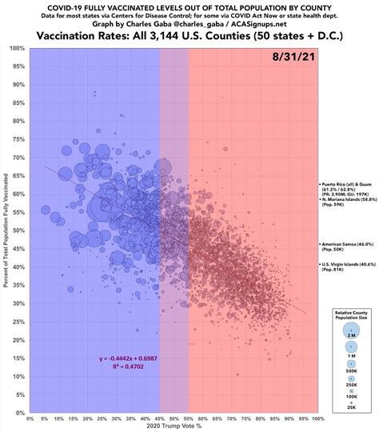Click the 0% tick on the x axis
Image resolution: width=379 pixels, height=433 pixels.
(30, 418)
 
